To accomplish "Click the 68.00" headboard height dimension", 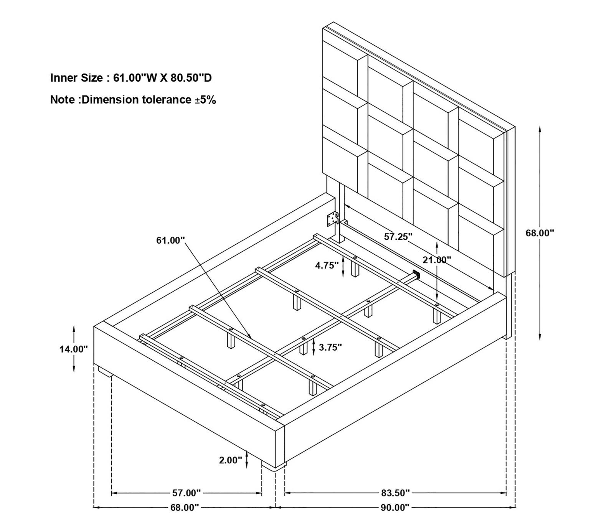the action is [540, 233].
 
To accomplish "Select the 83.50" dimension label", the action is [395, 492].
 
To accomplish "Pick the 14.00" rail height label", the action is [73, 349].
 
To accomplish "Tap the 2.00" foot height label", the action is [231, 460].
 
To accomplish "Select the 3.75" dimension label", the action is [330, 347].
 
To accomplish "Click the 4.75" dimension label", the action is [327, 265].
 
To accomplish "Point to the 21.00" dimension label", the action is [437, 260].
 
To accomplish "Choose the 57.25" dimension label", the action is [398, 237].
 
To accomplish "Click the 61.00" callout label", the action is [171, 241].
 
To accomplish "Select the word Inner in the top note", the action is [64, 78].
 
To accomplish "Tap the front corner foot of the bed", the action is [274, 467].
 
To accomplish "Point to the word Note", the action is [63, 100].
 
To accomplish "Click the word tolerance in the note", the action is [167, 100].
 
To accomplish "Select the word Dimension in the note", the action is [111, 100].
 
